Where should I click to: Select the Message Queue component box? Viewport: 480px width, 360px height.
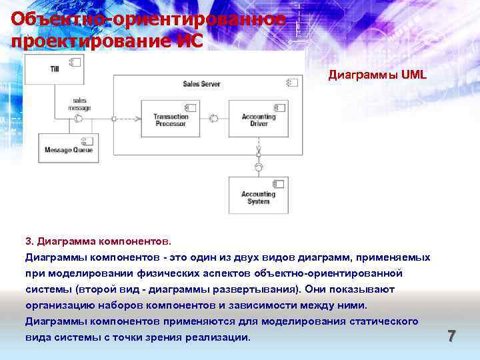click(x=69, y=147)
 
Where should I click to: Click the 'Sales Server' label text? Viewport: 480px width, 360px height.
click(x=201, y=84)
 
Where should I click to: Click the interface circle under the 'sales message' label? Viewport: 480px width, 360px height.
click(x=79, y=119)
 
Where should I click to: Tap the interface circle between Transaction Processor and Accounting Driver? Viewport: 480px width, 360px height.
click(x=214, y=119)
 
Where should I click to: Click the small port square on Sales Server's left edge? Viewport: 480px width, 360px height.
click(x=113, y=119)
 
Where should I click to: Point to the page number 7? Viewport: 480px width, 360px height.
click(x=451, y=336)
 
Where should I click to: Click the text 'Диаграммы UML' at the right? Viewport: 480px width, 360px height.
click(x=377, y=75)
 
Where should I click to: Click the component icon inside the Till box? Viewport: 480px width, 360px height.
click(x=75, y=61)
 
